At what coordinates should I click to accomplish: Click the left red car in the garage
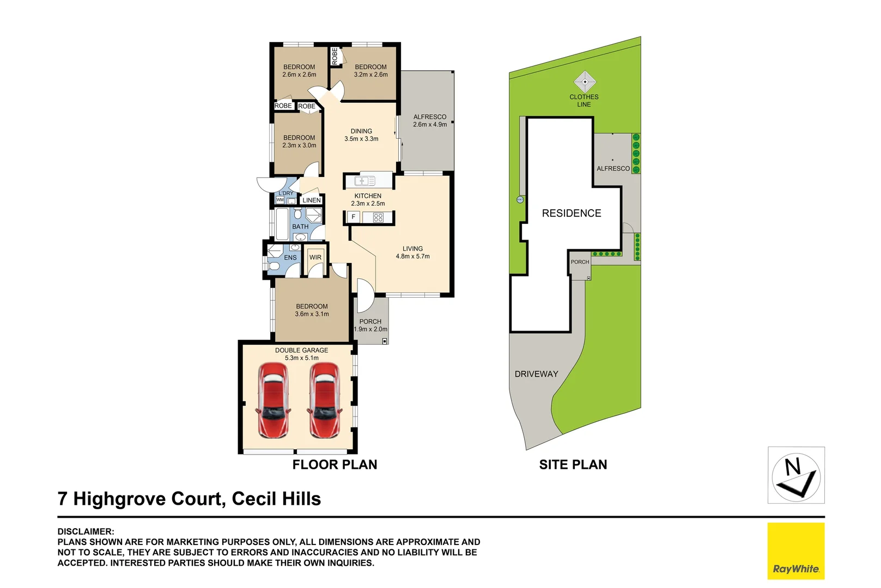[273, 400]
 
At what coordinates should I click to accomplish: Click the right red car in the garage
[325, 400]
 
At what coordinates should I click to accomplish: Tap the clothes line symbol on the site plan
[585, 82]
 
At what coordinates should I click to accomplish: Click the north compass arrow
[796, 475]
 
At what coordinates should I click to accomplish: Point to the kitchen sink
[365, 181]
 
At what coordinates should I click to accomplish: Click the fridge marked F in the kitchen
[353, 217]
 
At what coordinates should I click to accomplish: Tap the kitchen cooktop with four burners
[378, 218]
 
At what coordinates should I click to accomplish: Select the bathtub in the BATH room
[282, 224]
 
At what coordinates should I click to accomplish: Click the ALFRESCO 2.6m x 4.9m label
[429, 121]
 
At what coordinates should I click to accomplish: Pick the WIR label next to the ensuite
[315, 258]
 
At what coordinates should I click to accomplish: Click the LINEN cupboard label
[312, 200]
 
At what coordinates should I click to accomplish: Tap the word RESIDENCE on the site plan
[571, 213]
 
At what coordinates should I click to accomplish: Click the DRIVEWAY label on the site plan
[536, 374]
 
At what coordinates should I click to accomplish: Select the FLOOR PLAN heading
[335, 464]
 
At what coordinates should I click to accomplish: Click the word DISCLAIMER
[86, 531]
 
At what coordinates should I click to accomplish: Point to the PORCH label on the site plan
[580, 262]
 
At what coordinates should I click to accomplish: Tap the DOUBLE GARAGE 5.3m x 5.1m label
[301, 354]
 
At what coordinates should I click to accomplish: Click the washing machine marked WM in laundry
[280, 200]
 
